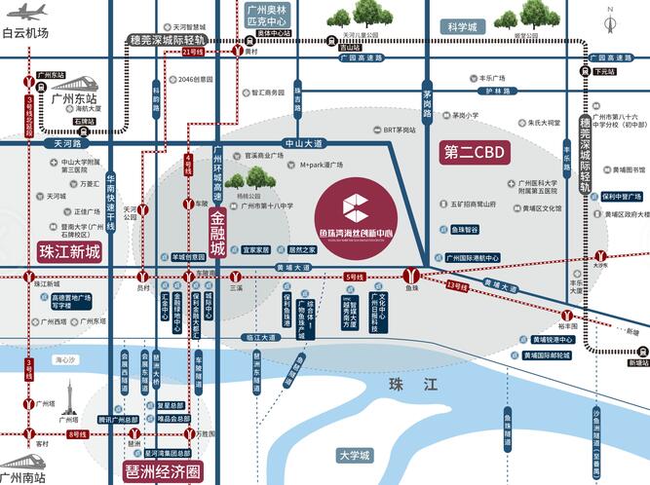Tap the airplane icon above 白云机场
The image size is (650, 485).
(25, 13)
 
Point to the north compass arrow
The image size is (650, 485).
(609, 21)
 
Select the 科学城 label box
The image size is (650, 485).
(461, 27)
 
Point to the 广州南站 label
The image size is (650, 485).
(22, 476)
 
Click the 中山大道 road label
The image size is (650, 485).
(304, 143)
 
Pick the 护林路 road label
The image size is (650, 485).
(494, 91)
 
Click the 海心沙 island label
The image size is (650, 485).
(64, 360)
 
